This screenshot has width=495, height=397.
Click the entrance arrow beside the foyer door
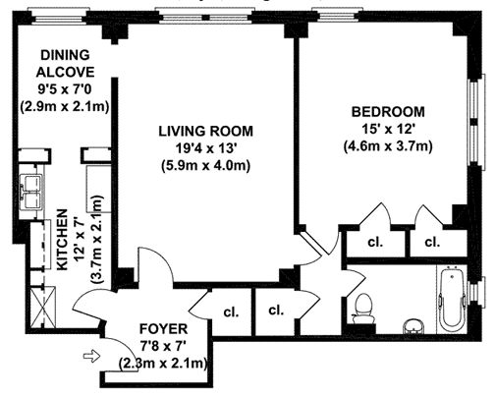click(x=91, y=356)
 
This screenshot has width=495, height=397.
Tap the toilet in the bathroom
click(x=363, y=309)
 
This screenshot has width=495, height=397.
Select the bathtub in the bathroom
click(x=452, y=299)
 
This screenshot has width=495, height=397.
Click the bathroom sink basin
click(x=412, y=327)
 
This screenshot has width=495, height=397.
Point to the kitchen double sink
click(x=31, y=192)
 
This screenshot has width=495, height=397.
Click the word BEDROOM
click(x=388, y=112)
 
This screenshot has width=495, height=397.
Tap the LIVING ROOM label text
click(x=206, y=131)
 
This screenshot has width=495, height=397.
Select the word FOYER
click(x=163, y=328)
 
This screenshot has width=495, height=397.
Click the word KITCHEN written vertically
click(x=62, y=240)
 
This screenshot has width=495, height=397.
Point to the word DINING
click(x=65, y=55)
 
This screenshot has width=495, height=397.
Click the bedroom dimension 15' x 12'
click(x=388, y=129)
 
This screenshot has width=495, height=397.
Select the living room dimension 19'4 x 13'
click(x=206, y=148)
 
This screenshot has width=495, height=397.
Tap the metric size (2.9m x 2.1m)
click(x=65, y=107)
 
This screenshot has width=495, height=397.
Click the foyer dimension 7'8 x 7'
click(x=163, y=346)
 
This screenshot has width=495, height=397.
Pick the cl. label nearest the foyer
click(x=231, y=312)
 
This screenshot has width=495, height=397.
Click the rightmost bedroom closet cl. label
click(x=432, y=242)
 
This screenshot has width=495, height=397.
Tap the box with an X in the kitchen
click(x=43, y=307)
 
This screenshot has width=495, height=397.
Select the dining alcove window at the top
click(x=61, y=16)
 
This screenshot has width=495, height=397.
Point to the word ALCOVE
click(x=65, y=72)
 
